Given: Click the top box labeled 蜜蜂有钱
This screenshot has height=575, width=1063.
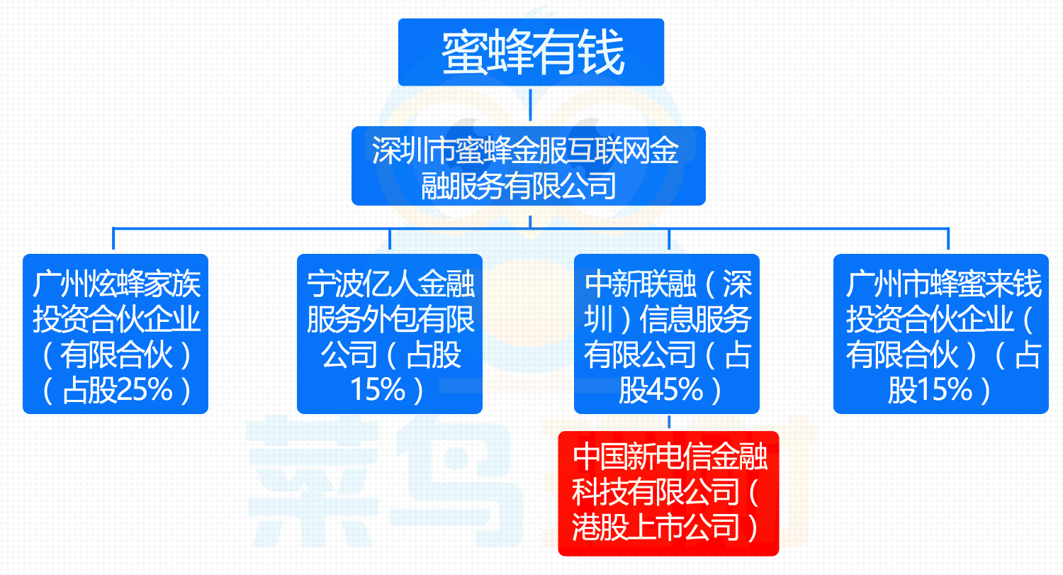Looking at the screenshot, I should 531,52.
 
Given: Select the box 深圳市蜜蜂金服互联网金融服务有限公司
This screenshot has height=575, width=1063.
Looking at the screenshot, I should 529,166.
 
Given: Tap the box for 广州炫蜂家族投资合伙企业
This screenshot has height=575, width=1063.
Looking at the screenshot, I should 116,333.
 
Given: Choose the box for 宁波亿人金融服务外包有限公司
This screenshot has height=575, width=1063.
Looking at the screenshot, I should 389,333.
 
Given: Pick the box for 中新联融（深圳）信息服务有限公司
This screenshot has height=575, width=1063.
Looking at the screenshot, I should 666,333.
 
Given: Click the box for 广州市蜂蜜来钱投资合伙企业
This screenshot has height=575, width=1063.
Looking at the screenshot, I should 940,333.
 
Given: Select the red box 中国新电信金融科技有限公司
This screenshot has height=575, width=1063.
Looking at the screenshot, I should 668,493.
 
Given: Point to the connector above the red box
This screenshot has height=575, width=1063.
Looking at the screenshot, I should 668,423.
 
